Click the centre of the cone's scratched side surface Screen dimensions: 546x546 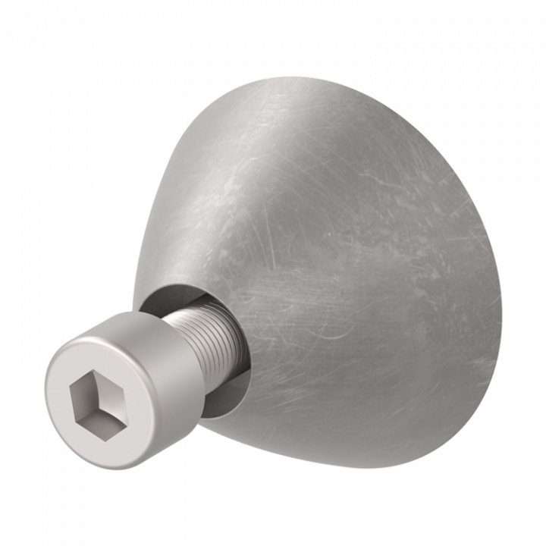(341, 265)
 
